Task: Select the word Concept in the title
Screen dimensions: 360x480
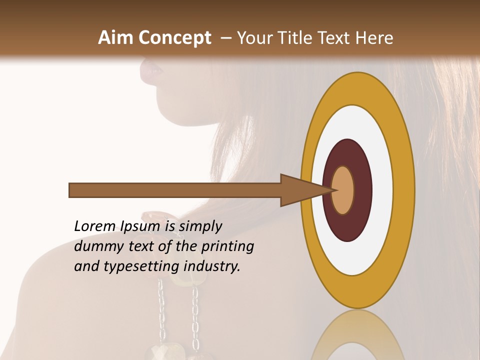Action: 174,38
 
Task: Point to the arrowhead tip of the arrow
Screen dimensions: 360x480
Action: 334,190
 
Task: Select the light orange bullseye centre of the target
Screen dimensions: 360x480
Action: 343,190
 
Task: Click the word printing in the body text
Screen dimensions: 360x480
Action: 227,247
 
